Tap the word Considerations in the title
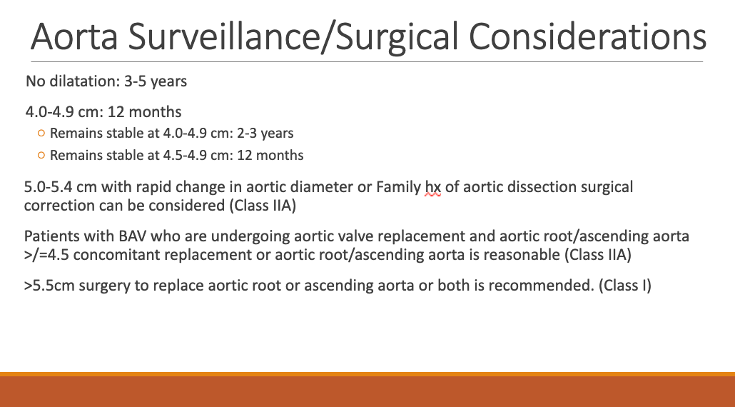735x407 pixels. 587,36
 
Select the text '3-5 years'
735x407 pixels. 156,81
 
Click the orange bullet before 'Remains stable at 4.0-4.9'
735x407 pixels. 41,134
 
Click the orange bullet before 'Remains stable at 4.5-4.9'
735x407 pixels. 41,155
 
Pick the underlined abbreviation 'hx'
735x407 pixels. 433,187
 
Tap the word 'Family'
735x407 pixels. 398,188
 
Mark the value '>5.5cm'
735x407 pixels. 49,286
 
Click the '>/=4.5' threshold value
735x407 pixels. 47,255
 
